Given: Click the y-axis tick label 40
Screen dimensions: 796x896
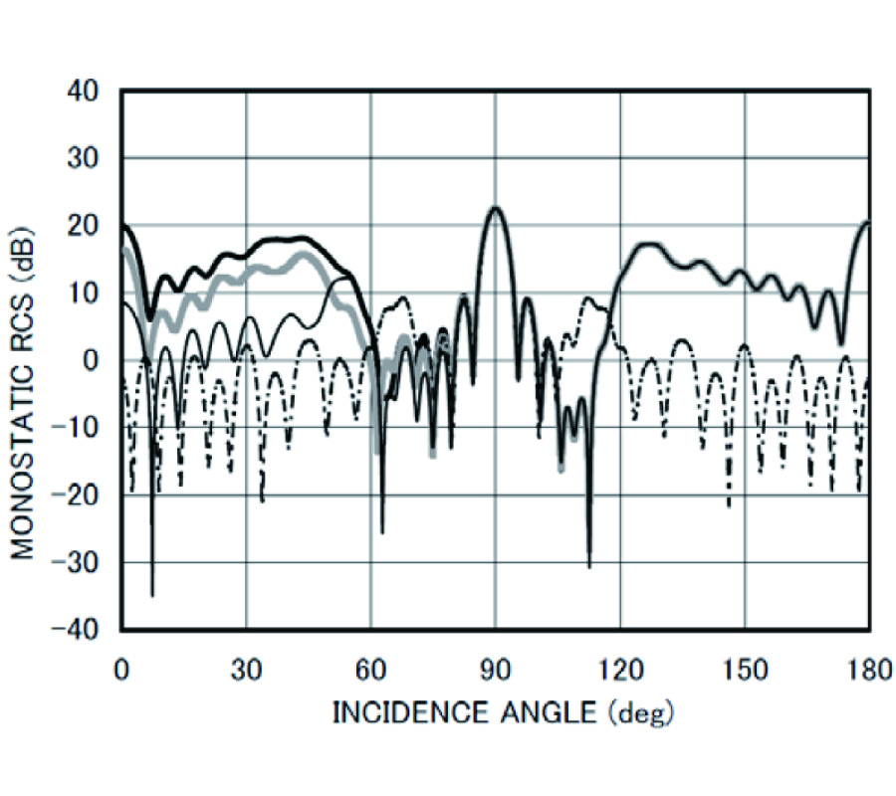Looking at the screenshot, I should point(85,92).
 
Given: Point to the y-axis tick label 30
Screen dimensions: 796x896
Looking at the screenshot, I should point(85,159).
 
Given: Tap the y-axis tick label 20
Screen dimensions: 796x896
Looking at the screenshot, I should point(85,226).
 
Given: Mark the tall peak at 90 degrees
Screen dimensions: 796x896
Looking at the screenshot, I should point(495,207).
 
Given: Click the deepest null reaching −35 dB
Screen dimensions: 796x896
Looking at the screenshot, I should point(152,594).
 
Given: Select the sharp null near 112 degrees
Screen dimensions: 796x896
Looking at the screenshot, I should point(589,565).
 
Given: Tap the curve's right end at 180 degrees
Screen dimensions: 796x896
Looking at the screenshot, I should point(868,224).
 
